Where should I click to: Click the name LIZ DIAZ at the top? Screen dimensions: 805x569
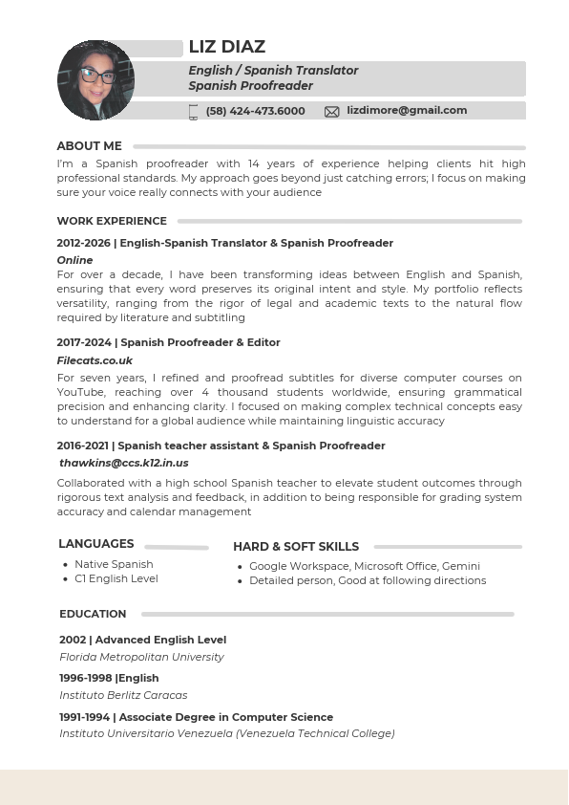[227, 47]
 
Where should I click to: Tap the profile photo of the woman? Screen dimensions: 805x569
[95, 80]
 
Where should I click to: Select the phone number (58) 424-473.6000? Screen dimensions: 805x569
[255, 111]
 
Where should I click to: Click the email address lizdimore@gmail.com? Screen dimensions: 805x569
[407, 111]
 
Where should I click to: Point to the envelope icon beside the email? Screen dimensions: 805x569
[332, 112]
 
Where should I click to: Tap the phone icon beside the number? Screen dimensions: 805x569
[194, 112]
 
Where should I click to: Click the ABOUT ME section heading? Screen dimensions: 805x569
[89, 146]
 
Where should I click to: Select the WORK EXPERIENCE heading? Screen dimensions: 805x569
[112, 221]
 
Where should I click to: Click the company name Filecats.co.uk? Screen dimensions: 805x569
[95, 360]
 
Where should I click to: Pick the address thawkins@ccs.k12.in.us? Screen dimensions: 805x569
[124, 463]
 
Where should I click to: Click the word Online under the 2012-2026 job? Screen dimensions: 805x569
[74, 260]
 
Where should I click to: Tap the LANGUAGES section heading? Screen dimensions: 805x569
[95, 544]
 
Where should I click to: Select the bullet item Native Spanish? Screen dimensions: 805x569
[114, 564]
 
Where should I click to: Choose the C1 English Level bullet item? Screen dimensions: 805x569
[116, 578]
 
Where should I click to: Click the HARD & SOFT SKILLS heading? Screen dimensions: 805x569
[296, 547]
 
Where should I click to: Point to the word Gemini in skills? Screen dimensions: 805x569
[460, 566]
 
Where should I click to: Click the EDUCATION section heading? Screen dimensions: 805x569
[93, 614]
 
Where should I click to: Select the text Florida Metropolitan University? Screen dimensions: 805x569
[141, 657]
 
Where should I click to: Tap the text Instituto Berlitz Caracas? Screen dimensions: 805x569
[123, 695]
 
